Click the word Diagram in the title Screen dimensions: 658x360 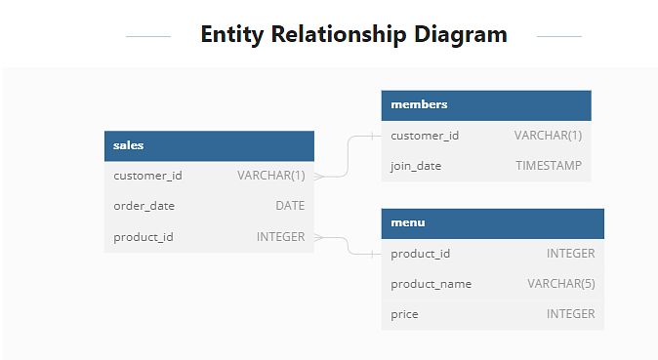tap(461, 34)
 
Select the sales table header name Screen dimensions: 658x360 tap(129, 145)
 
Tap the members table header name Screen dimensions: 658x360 tap(419, 104)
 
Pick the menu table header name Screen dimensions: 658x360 tap(408, 222)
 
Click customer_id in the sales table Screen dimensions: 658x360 tap(147, 176)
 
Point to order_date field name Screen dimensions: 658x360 tap(144, 206)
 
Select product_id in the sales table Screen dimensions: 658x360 tap(144, 237)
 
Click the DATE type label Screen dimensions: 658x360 tap(290, 206)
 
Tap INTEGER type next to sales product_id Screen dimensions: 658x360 tap(281, 237)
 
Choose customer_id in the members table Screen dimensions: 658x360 tap(425, 136)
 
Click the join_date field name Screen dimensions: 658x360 tap(416, 166)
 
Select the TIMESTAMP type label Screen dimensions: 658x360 tap(549, 166)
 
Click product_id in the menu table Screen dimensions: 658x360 tap(420, 254)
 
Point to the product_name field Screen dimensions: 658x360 tap(431, 284)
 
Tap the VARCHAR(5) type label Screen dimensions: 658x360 tap(561, 284)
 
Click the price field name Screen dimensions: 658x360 tap(404, 314)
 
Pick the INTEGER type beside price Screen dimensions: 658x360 tap(571, 314)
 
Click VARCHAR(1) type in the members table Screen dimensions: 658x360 tap(548, 136)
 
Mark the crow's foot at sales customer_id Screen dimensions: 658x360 tap(319, 177)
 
